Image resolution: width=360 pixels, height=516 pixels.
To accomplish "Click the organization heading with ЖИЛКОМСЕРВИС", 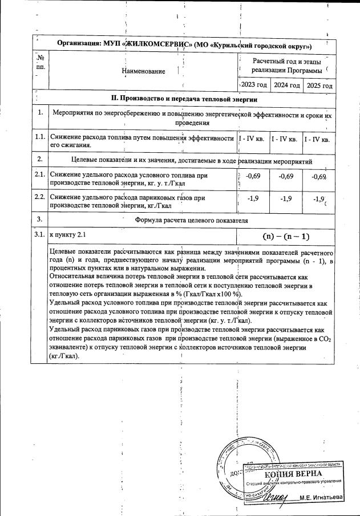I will tap(185, 45).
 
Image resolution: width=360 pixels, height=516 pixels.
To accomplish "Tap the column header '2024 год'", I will tap(286, 85).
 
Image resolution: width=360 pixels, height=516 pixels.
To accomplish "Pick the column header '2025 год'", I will tap(319, 85).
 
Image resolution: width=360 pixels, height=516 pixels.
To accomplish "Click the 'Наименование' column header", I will tap(143, 71).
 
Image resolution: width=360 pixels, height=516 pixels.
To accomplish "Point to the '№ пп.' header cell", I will tap(40, 62).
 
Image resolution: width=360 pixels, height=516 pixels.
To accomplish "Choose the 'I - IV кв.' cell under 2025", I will tap(318, 139).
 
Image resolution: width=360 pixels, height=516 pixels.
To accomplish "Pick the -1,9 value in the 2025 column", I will tap(318, 198).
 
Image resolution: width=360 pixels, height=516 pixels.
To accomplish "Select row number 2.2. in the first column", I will tap(39, 197).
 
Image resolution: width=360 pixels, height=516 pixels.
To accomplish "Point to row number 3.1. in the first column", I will tap(39, 234).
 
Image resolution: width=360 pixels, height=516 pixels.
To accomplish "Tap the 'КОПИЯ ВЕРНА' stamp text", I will tap(293, 474).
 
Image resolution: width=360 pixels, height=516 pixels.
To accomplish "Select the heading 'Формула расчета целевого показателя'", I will tap(191, 219).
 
